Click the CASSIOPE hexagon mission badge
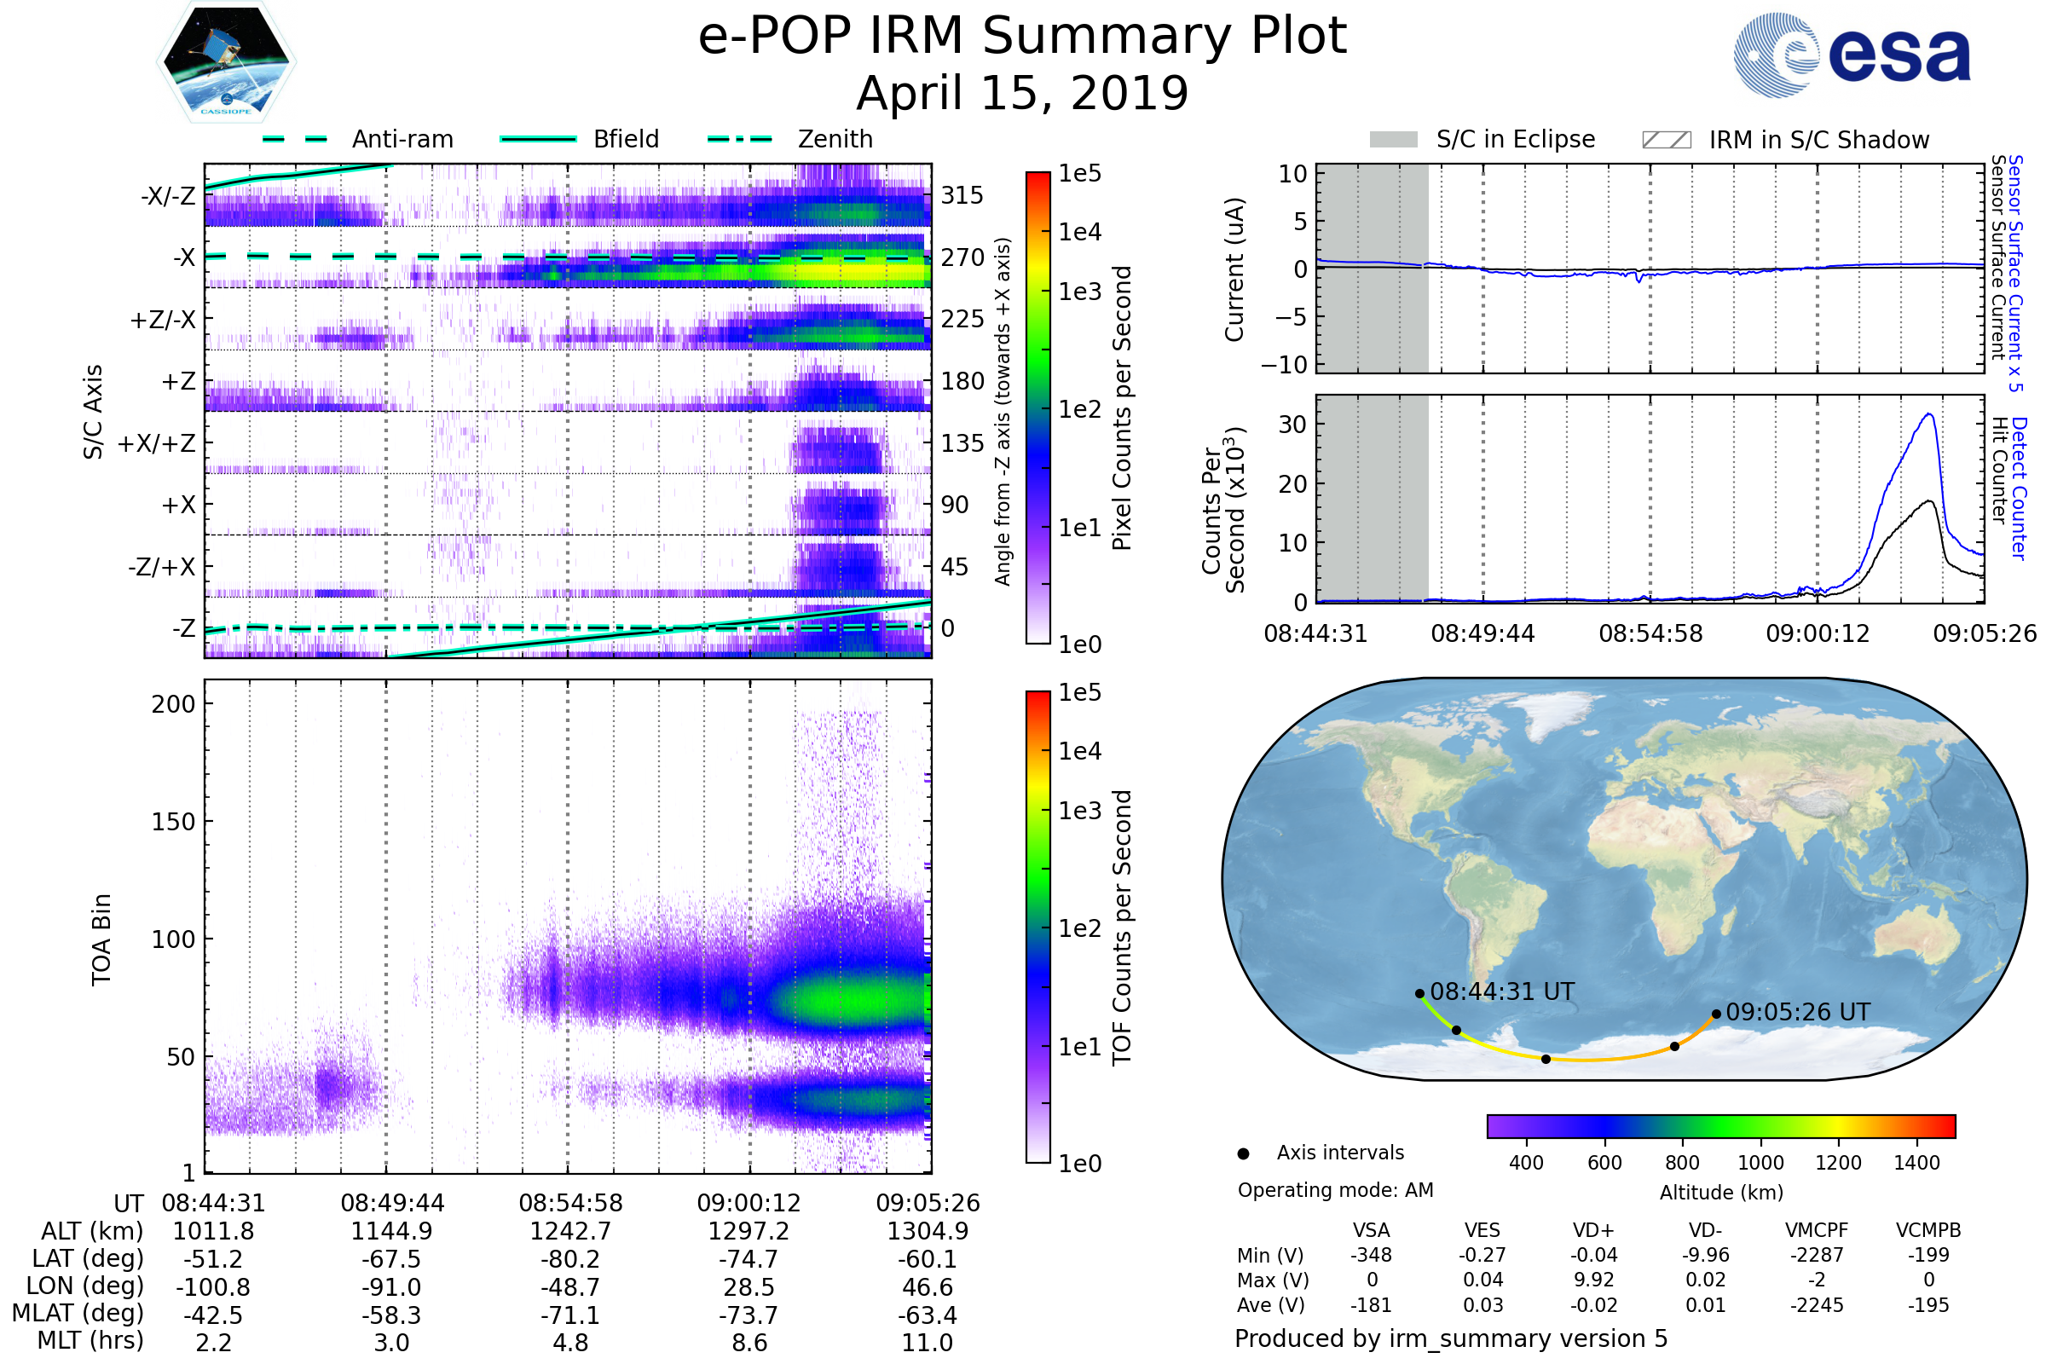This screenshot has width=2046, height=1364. click(226, 61)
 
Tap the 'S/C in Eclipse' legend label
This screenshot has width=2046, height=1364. click(1515, 139)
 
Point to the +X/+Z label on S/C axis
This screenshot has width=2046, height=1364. click(157, 443)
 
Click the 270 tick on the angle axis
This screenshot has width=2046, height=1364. click(962, 257)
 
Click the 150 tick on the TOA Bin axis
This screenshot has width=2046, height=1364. click(173, 822)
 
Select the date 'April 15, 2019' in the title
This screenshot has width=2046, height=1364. click(1022, 93)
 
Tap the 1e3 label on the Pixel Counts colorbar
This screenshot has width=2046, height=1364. click(1079, 292)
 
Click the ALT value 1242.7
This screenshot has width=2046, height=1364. click(569, 1232)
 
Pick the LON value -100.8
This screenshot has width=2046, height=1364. click(213, 1287)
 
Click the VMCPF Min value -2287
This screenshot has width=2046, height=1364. click(1817, 1255)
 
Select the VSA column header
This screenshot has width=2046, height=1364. click(1371, 1231)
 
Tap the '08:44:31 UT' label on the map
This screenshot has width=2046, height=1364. click(1501, 991)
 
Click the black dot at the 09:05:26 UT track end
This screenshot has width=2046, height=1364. click(1715, 1014)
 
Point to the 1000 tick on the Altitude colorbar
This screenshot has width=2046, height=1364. click(1760, 1163)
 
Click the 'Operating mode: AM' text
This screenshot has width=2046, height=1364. click(1335, 1190)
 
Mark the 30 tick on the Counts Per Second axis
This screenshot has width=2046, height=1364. click(1292, 425)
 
